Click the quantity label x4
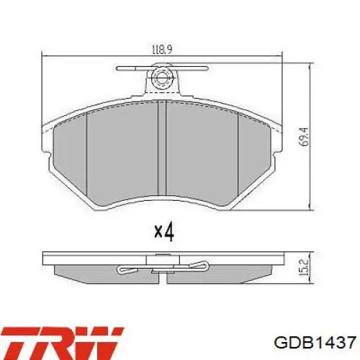pyautogui.click(x=165, y=232)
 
